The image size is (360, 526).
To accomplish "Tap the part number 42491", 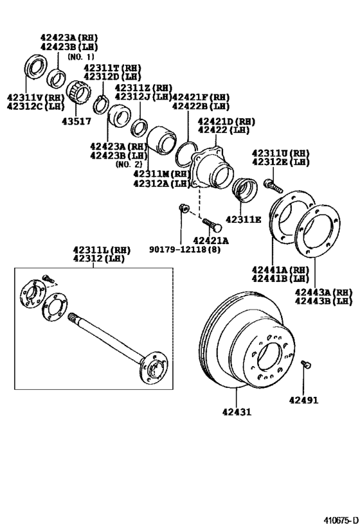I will pyautogui.click(x=303, y=399).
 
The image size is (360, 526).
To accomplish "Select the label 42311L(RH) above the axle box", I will pyautogui.click(x=96, y=249).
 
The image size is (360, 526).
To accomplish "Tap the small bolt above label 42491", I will pyautogui.click(x=306, y=365).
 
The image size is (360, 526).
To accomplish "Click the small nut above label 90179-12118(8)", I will pyautogui.click(x=183, y=207).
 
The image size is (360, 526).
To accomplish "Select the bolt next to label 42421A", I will pyautogui.click(x=212, y=224).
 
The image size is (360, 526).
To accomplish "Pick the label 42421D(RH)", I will pyautogui.click(x=226, y=121).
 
